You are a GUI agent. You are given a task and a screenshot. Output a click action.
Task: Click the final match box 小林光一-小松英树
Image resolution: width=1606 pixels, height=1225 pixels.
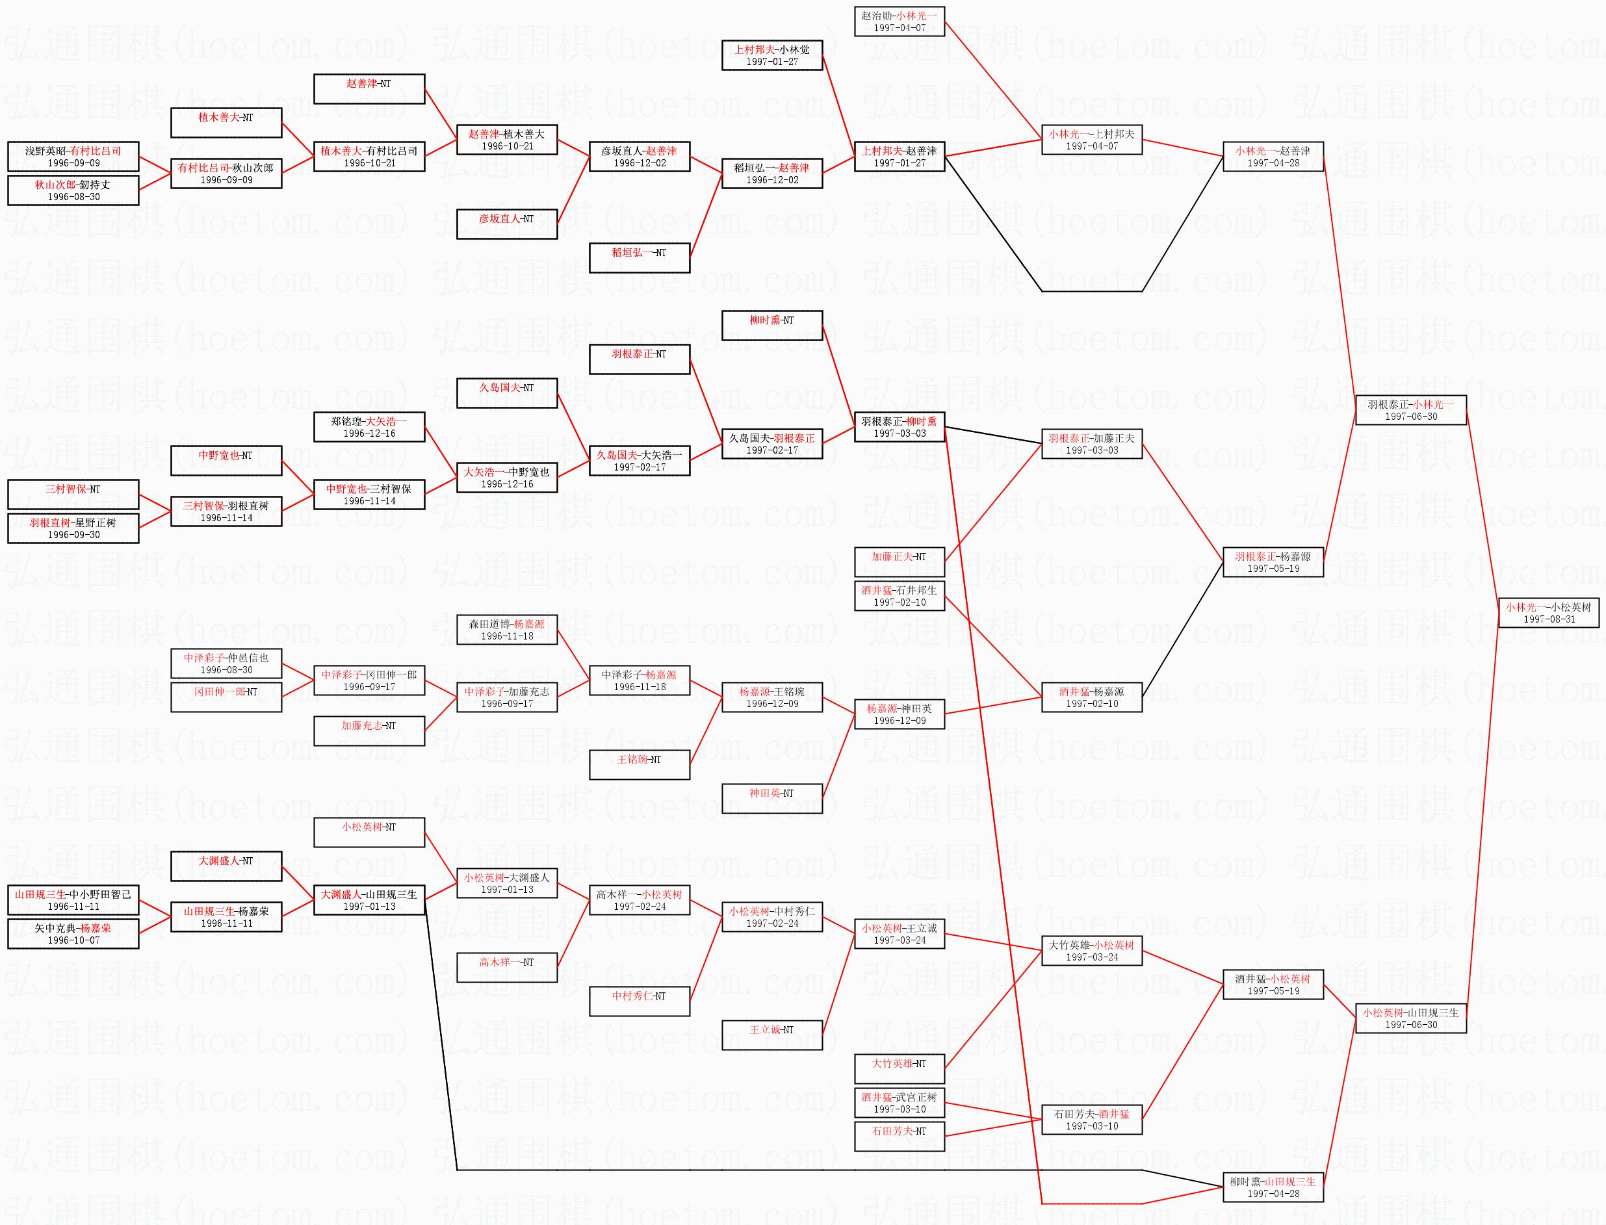coord(1548,612)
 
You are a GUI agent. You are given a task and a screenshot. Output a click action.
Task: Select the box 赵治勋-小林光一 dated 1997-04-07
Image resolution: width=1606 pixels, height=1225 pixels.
coord(900,21)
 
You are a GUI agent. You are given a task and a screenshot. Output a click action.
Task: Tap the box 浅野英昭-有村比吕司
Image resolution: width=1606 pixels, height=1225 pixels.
coord(73,156)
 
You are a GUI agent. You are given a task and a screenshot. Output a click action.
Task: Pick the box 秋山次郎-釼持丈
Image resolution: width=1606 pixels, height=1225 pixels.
coord(73,190)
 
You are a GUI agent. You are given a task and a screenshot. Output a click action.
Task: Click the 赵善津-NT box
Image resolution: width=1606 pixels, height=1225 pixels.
coord(369,89)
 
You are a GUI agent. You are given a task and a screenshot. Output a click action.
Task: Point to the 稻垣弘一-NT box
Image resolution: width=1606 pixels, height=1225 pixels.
coord(639,257)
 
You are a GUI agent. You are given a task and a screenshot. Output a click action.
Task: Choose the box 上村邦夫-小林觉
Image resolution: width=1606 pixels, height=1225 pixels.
coord(771,55)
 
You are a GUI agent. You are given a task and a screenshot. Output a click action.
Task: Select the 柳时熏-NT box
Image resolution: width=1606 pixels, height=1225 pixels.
coord(771,325)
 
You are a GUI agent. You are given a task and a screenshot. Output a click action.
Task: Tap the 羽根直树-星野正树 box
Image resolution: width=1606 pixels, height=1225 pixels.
coord(73,528)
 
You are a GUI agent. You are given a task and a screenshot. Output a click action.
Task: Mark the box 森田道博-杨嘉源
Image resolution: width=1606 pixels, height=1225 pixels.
coord(507,629)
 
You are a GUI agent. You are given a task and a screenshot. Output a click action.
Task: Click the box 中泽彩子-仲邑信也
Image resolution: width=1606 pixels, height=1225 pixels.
coord(226,663)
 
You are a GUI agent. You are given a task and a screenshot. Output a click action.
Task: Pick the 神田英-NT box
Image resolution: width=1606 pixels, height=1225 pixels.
coord(771,799)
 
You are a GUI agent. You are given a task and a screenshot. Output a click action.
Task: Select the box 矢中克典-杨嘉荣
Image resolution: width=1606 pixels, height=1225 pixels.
coord(73,933)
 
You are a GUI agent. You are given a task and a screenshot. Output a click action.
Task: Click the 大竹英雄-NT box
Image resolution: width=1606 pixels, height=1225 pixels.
coord(900,1068)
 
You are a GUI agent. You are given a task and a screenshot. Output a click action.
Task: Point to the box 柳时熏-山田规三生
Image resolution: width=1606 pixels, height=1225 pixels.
coord(1273,1187)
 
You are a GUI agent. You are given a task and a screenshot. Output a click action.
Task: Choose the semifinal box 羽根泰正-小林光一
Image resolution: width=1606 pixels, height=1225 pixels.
coord(1410,410)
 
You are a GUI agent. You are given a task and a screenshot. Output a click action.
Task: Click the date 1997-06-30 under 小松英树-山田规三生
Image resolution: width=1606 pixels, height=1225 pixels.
coord(1410,1024)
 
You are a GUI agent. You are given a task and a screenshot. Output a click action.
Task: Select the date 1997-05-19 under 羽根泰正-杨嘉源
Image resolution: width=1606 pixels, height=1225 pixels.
coord(1273,568)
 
